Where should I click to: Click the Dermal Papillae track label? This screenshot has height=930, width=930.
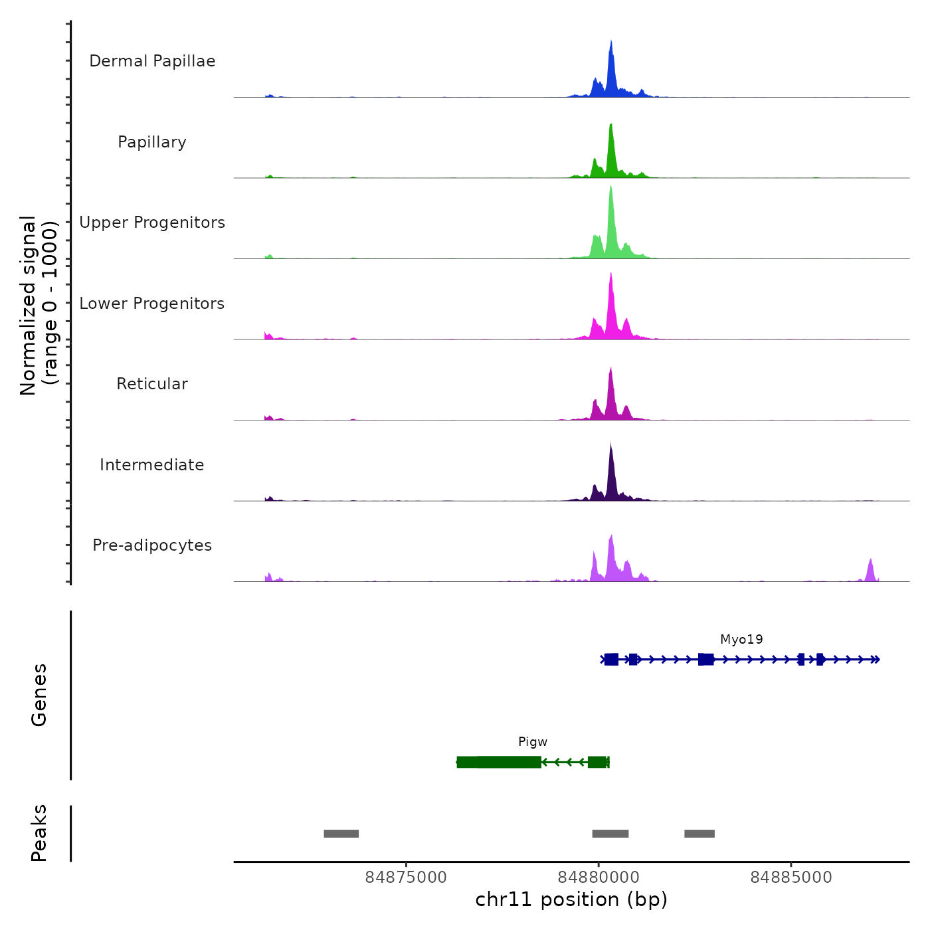[152, 61]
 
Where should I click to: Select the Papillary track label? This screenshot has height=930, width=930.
[152, 142]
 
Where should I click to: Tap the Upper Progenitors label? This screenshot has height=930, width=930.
[152, 223]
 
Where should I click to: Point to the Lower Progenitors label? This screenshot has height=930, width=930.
[152, 304]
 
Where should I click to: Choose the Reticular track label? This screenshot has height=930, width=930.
[152, 384]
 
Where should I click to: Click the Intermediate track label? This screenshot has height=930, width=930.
[152, 465]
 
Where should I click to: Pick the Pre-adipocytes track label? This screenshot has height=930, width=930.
[152, 545]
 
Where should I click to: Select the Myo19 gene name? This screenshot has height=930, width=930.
[741, 640]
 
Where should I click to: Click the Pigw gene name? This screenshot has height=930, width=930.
[533, 742]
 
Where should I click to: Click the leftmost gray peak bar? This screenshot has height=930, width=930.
[341, 834]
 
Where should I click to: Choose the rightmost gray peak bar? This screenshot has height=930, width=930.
[699, 834]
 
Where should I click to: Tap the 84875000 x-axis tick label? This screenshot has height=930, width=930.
[406, 878]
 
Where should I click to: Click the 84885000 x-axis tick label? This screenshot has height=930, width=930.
[790, 878]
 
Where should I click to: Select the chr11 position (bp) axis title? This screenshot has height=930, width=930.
[571, 899]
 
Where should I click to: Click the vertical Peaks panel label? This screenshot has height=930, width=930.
[39, 833]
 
